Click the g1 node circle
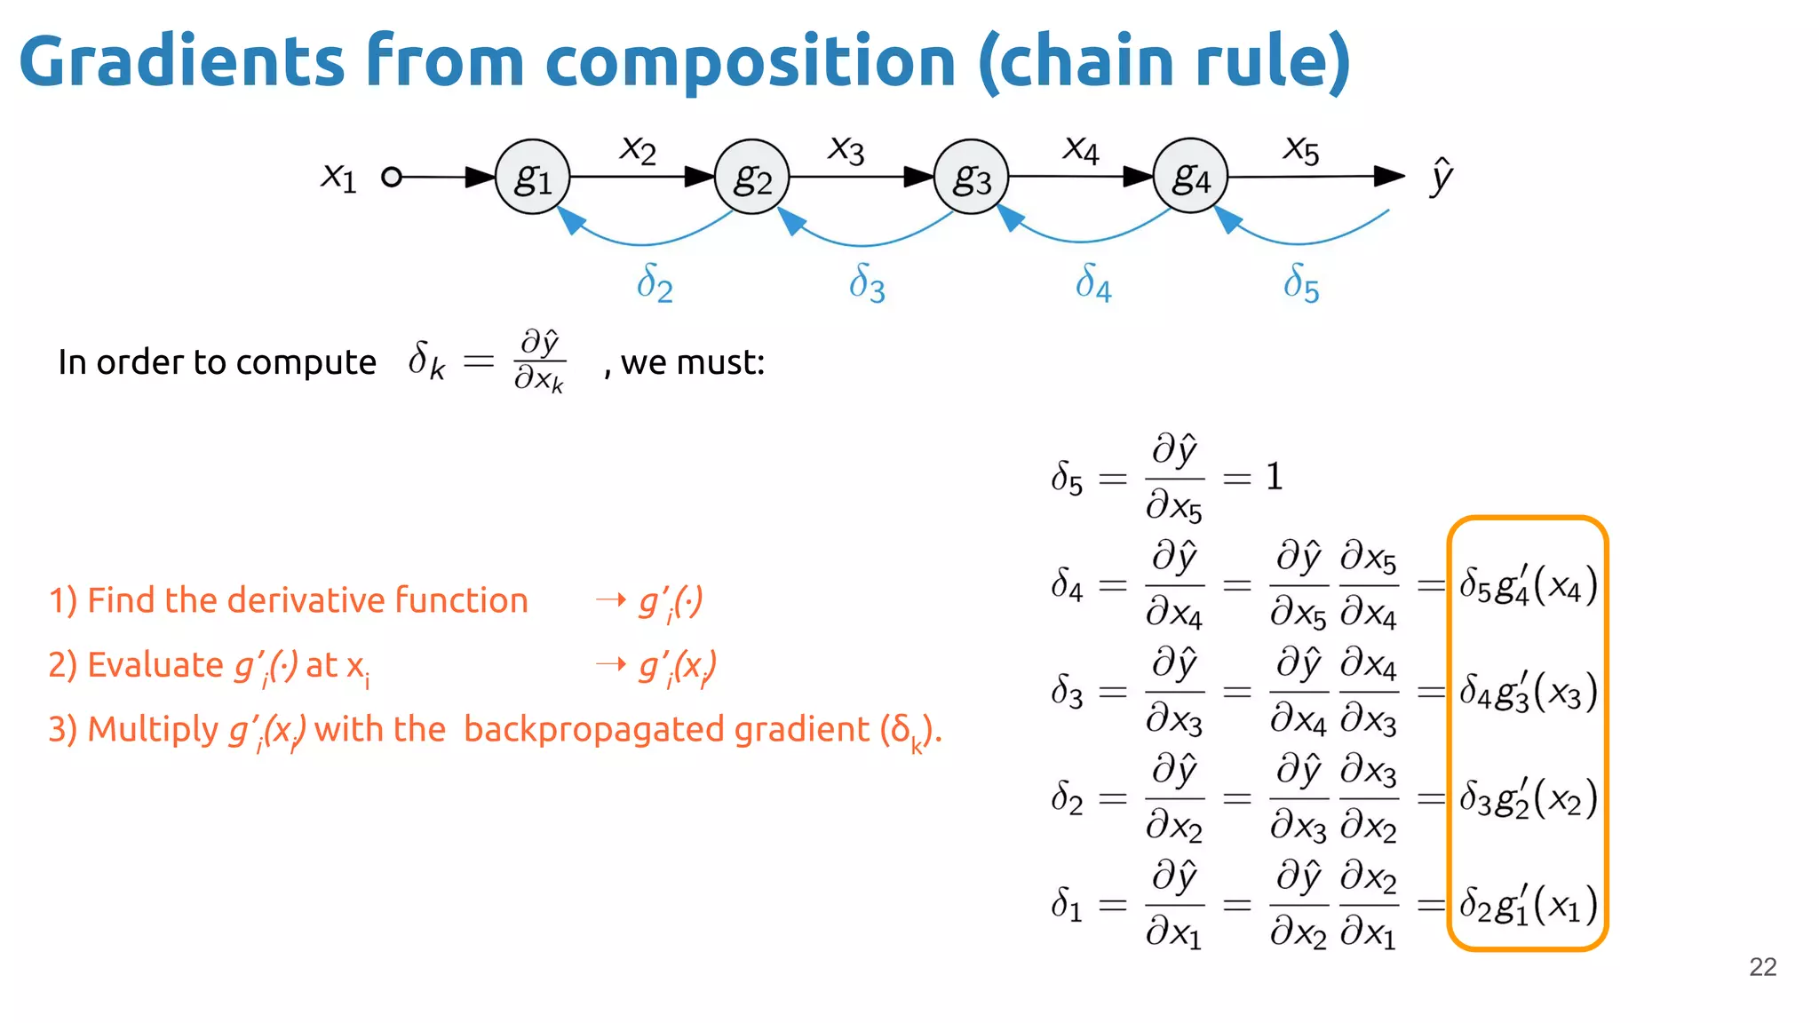coord(532,177)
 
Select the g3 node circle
coord(971,177)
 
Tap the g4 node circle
coord(1190,176)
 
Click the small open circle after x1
coord(391,177)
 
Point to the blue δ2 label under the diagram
coord(655,282)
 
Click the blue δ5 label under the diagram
coord(1301,282)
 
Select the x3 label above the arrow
coord(846,149)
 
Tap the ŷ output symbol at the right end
coord(1441,176)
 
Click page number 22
coord(1762,967)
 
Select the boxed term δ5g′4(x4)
coord(1528,585)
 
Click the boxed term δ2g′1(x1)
coord(1528,905)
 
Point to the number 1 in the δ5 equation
coord(1275,477)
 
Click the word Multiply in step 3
coord(153,730)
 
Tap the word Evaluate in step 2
coord(155,665)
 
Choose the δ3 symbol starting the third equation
coord(1067,691)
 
